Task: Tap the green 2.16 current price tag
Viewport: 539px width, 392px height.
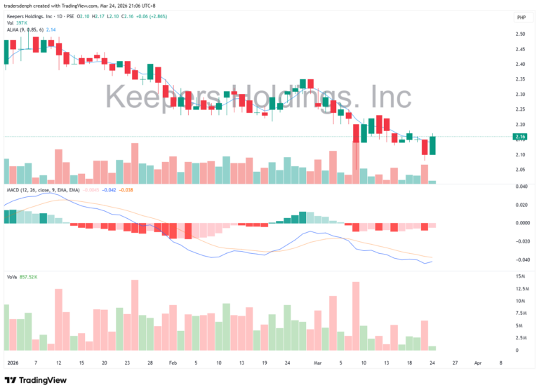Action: point(520,136)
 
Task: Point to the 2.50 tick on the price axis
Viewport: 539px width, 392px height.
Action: point(520,34)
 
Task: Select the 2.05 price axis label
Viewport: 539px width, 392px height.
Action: point(520,169)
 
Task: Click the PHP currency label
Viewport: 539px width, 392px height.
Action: point(521,18)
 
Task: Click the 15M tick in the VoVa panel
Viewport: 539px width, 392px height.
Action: point(520,277)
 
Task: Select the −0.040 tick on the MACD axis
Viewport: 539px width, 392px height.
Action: point(520,259)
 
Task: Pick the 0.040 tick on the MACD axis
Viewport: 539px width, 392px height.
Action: point(520,187)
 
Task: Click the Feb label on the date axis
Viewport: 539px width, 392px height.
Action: point(173,363)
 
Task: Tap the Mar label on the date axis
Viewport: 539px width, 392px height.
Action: point(318,363)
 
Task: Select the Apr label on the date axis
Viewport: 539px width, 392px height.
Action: point(478,363)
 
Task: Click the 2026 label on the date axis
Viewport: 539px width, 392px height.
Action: point(12,363)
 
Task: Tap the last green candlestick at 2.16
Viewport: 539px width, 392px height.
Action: point(433,145)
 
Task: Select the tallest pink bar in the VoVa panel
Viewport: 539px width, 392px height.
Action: point(134,315)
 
